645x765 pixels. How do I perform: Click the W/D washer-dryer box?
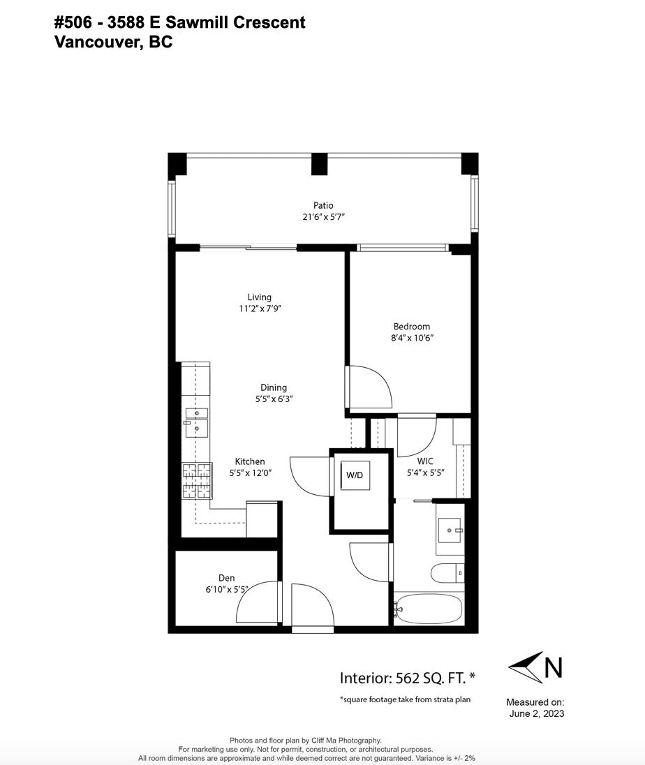(x=355, y=475)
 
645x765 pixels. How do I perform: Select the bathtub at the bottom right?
(x=428, y=609)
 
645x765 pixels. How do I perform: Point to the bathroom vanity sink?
(x=450, y=530)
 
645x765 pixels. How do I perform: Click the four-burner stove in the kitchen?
(x=197, y=480)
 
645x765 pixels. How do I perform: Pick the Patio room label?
(x=323, y=205)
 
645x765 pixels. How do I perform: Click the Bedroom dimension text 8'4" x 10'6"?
(x=413, y=338)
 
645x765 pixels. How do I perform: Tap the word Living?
(x=259, y=297)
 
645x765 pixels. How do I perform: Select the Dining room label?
(x=273, y=387)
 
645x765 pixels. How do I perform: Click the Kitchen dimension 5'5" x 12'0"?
(x=251, y=473)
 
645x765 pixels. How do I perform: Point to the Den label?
(x=226, y=578)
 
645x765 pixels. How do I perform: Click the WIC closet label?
(x=425, y=461)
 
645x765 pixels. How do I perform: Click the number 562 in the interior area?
(x=407, y=678)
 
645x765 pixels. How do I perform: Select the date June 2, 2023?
(x=537, y=713)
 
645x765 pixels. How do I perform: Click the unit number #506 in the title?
(x=73, y=22)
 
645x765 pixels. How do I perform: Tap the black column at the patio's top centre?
(x=319, y=164)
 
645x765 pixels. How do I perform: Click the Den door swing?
(x=257, y=602)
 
